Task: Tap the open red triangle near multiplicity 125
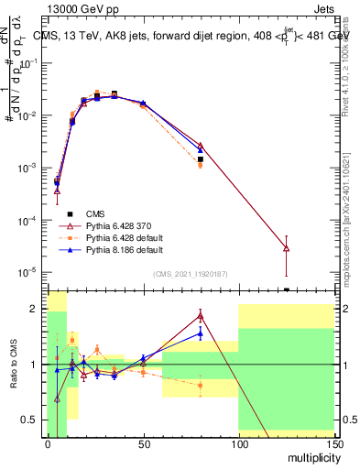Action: pyautogui.click(x=286, y=247)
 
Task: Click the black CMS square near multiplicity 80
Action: pyautogui.click(x=200, y=159)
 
